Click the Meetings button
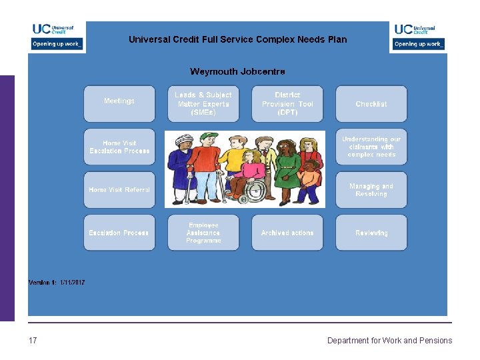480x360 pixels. click(119, 102)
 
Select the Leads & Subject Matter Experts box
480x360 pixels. click(203, 104)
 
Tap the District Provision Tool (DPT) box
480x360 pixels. click(287, 104)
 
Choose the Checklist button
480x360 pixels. click(371, 104)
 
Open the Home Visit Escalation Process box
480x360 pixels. click(119, 147)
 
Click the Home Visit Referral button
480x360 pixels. click(119, 190)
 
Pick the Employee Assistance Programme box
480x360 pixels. click(203, 233)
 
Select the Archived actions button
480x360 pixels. click(287, 233)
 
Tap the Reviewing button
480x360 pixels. click(371, 233)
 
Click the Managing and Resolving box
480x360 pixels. click(371, 190)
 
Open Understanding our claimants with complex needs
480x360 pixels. click(371, 147)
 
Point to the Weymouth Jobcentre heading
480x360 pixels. click(237, 71)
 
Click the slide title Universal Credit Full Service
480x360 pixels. click(237, 39)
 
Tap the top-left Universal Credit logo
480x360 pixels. click(56, 36)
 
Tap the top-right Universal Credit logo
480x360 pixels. click(418, 36)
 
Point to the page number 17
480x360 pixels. click(33, 341)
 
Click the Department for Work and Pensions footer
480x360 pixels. click(389, 341)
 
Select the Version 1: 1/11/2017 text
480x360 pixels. click(57, 283)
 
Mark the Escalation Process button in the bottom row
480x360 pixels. click(119, 233)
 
